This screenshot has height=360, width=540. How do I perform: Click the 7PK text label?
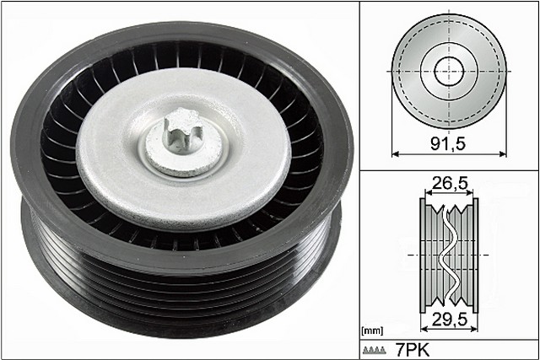[x=411, y=348]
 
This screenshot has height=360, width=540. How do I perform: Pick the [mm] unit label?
[x=371, y=330]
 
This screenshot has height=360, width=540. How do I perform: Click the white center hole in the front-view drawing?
[x=450, y=70]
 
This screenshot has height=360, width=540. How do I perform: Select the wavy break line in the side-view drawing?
[x=449, y=253]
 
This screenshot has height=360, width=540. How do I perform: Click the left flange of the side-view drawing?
[x=424, y=253]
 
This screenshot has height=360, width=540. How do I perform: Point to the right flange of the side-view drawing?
[x=474, y=253]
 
